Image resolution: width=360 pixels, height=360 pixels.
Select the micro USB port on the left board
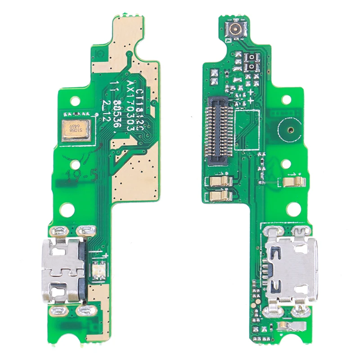pyautogui.click(x=65, y=270)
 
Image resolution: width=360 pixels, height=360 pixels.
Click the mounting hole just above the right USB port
pyautogui.click(x=293, y=208)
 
